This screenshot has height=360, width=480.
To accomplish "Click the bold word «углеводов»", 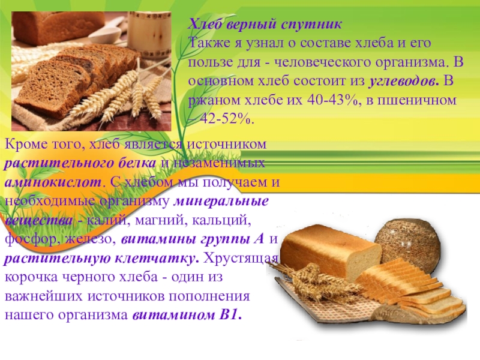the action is pos(403,82).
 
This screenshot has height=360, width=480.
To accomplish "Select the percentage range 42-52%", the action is pos(227,119).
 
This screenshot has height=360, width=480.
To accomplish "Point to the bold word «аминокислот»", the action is pos(53,182).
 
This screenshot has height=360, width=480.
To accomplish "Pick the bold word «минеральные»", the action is pos(221,202).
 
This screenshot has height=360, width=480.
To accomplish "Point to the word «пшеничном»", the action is pos(416,100).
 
